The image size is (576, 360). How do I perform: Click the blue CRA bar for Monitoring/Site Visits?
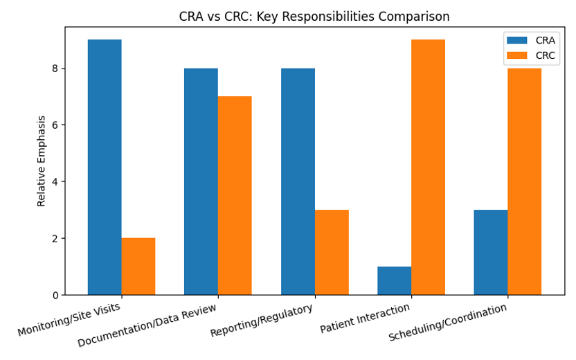pyautogui.click(x=105, y=167)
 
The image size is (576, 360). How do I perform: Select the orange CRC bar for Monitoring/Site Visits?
pyautogui.click(x=138, y=267)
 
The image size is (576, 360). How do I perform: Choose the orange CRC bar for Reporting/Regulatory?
pyautogui.click(x=332, y=252)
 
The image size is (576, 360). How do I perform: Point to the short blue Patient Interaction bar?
pyautogui.click(x=394, y=281)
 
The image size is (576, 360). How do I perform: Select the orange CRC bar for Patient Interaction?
pyautogui.click(x=428, y=167)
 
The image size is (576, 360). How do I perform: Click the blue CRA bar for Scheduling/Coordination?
pyautogui.click(x=491, y=252)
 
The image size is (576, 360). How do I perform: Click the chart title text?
pyautogui.click(x=305, y=17)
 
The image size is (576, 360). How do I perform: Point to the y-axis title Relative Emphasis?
pyautogui.click(x=42, y=161)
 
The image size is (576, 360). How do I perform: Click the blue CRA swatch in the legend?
pyautogui.click(x=516, y=40)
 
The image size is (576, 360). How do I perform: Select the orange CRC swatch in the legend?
pyautogui.click(x=516, y=55)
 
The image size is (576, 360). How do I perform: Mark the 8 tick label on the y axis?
pyautogui.click(x=55, y=69)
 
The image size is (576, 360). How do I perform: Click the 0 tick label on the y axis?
pyautogui.click(x=55, y=296)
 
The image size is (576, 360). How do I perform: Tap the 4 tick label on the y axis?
pyautogui.click(x=55, y=182)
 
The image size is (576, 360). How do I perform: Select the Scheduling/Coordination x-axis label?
pyautogui.click(x=448, y=323)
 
